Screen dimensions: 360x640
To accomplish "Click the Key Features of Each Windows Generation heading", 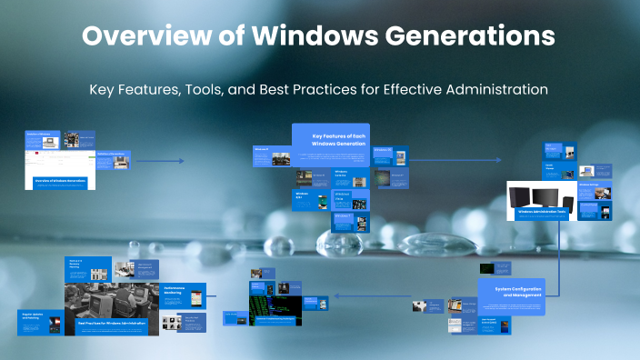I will tap(333, 139).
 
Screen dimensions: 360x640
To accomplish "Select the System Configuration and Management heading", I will tap(510, 292).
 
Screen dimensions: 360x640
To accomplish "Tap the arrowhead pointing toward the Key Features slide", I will tap(181, 161).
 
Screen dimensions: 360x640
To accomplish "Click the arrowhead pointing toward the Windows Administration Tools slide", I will tap(497, 161).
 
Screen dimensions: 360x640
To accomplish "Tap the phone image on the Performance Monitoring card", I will tap(169, 322).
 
